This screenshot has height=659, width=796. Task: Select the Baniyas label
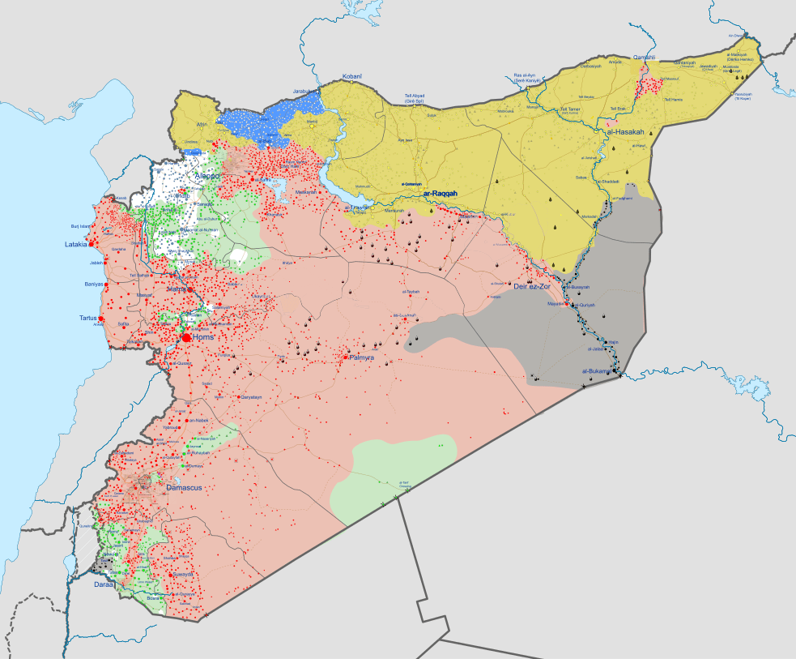pos(94,285)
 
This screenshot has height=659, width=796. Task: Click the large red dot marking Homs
pos(187,337)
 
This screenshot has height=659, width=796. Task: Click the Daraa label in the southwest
pos(104,584)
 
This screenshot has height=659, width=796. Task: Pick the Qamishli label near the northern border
pos(644,58)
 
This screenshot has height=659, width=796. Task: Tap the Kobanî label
pos(351,76)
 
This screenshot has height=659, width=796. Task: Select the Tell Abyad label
pos(420,98)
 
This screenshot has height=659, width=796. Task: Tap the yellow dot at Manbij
pos(312,126)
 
